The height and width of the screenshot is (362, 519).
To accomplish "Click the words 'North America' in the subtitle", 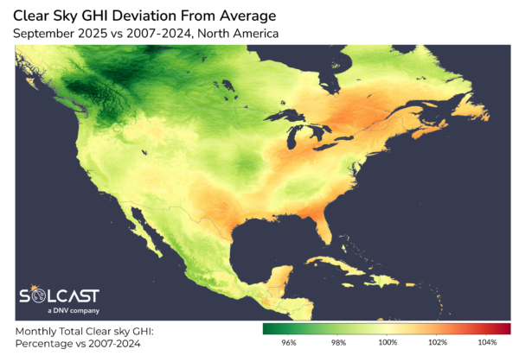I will click(249, 35).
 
